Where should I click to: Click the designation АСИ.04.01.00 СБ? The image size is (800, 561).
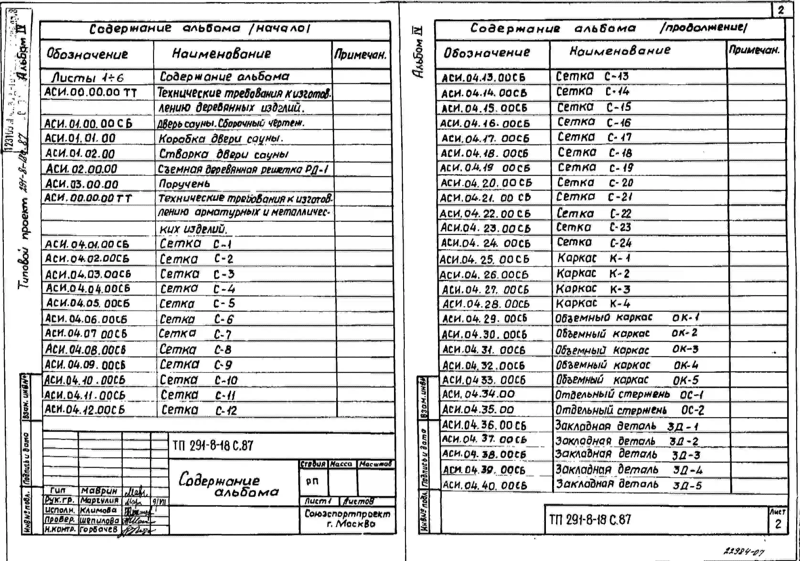click(87, 244)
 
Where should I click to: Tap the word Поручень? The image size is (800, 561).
click(184, 183)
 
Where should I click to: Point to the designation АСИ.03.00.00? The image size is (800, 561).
click(82, 184)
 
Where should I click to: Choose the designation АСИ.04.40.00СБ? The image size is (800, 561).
click(484, 485)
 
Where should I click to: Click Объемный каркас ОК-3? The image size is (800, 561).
click(626, 350)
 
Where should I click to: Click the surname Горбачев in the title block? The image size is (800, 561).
click(99, 529)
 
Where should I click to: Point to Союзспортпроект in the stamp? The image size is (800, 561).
click(347, 514)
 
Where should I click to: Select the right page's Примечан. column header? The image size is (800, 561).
click(754, 51)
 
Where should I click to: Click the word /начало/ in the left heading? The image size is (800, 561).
click(279, 28)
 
